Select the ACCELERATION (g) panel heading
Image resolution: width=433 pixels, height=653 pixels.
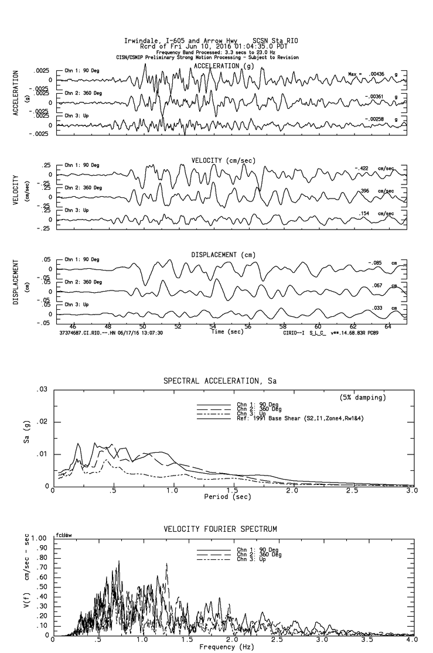coord(224,66)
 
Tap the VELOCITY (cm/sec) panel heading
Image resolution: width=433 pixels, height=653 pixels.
coord(223,161)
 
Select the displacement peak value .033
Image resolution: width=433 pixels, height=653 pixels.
coord(377,308)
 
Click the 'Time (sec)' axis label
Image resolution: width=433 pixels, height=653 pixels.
coord(225,331)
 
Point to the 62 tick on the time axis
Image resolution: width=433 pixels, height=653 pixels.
coord(353,326)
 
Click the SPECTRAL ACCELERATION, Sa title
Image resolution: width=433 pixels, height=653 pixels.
coord(220,381)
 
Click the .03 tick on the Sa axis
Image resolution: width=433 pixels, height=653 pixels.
coord(41,389)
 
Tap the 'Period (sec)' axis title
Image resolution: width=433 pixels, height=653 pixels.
coord(225,497)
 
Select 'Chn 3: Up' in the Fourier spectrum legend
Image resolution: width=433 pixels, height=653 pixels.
coord(250,560)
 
